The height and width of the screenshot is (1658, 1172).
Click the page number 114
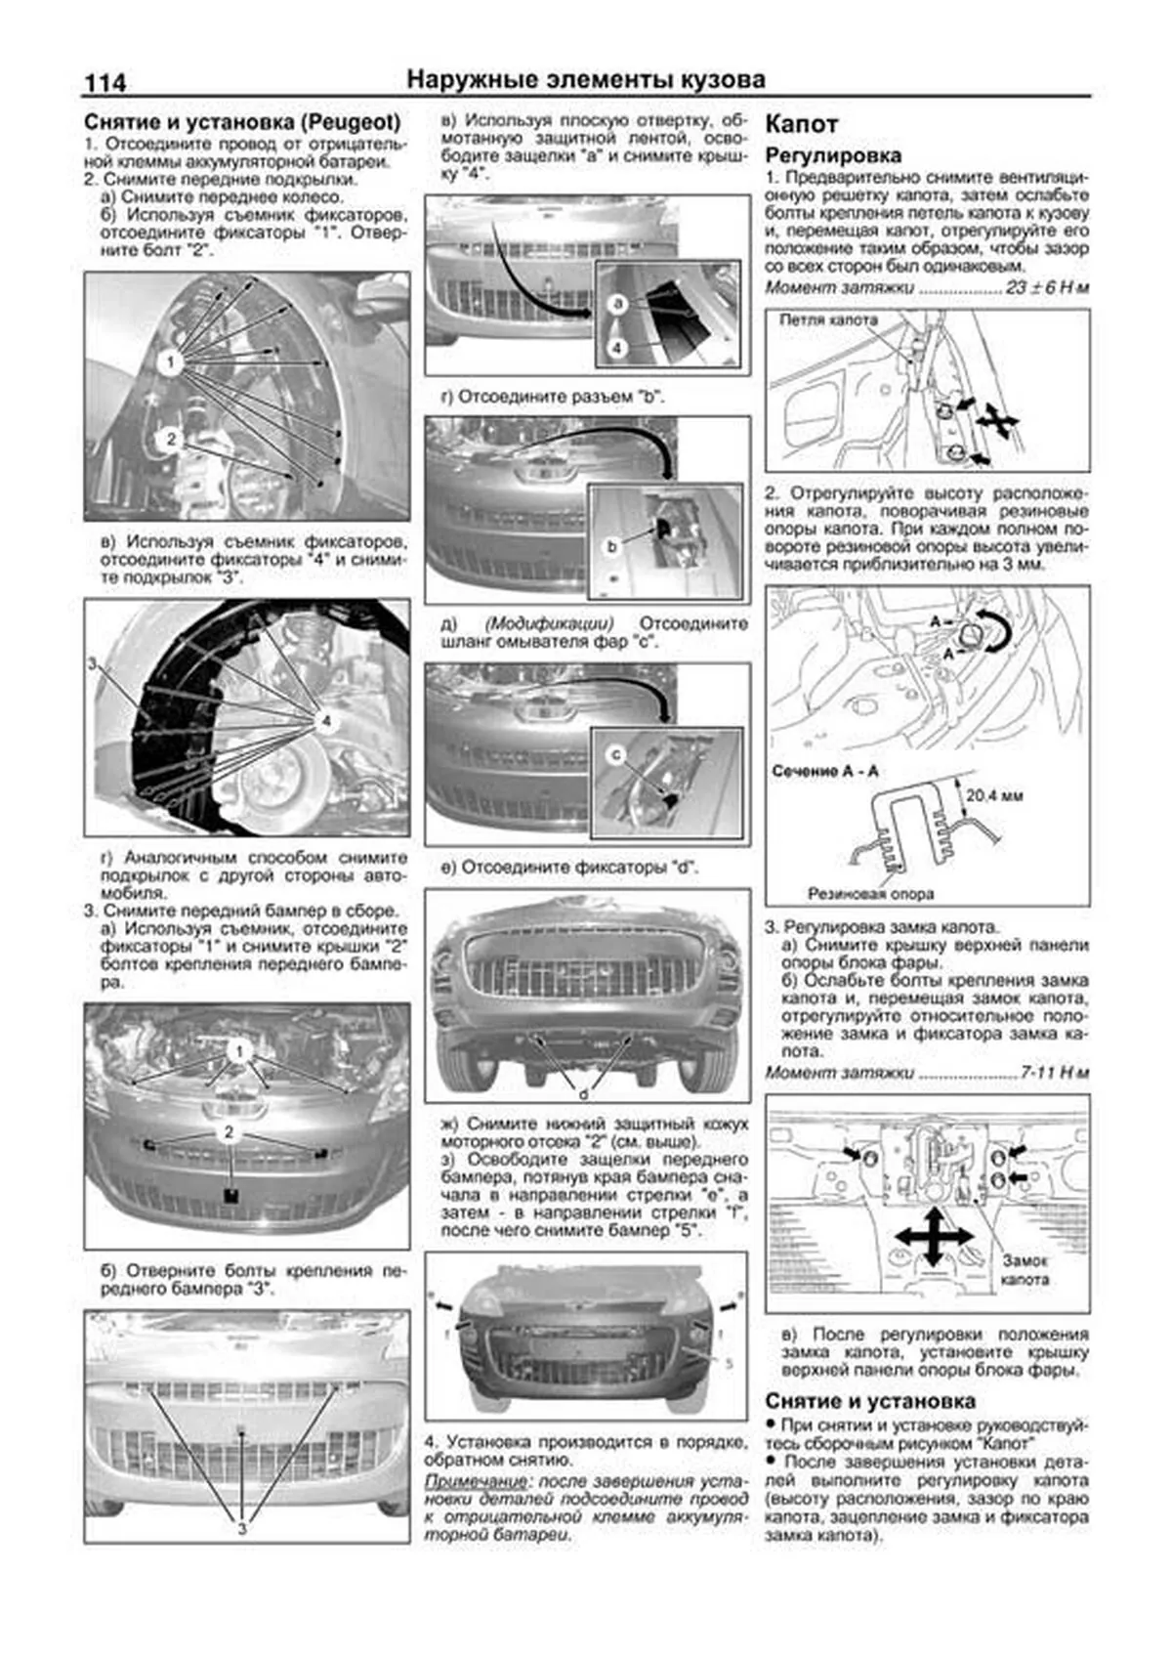tap(105, 82)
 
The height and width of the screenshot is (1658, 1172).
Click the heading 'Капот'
tap(801, 124)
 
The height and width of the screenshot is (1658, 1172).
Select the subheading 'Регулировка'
tap(832, 155)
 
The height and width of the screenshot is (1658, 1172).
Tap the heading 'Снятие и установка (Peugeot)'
tap(242, 123)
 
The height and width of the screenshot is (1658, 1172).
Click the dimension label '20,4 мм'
tap(994, 795)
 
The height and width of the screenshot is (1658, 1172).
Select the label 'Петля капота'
tap(827, 320)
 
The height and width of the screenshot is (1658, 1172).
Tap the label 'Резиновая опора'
tap(870, 893)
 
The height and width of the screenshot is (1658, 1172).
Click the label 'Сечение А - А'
tap(824, 771)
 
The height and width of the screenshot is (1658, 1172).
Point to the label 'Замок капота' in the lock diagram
tap(1025, 1269)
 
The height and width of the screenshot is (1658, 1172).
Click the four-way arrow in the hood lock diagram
tap(932, 1236)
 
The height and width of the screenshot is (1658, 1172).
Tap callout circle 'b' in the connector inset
tap(612, 547)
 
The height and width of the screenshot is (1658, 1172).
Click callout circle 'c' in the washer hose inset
tap(615, 753)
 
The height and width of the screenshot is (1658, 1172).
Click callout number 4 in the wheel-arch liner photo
tap(326, 721)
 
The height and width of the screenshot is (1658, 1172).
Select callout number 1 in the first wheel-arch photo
tap(171, 363)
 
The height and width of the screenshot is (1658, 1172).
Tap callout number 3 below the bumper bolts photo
tap(241, 1528)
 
